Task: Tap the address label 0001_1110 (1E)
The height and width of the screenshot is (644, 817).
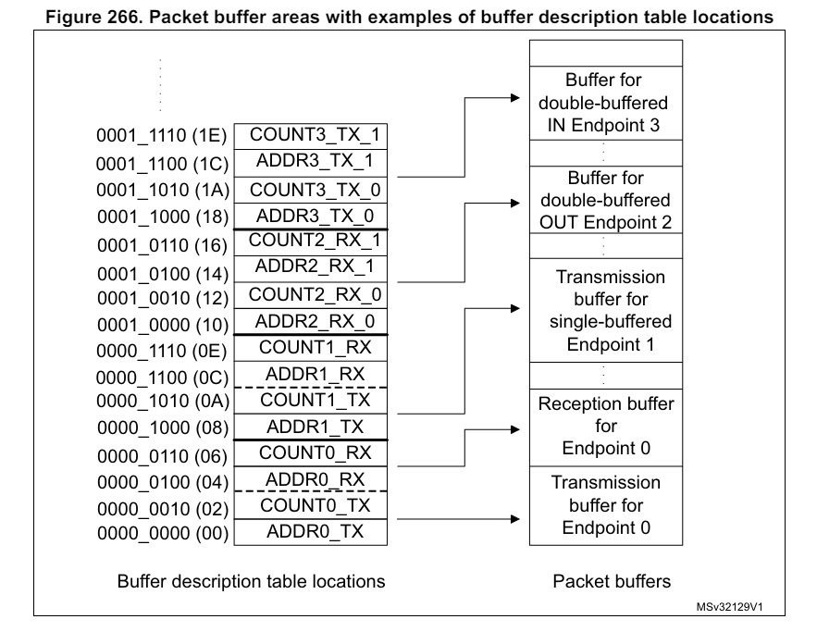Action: pyautogui.click(x=160, y=136)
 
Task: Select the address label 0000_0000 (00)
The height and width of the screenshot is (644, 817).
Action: pyautogui.click(x=160, y=534)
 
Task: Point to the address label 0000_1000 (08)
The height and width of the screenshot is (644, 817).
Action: pyautogui.click(x=160, y=428)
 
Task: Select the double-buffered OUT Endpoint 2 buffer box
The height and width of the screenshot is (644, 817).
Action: pyautogui.click(x=605, y=199)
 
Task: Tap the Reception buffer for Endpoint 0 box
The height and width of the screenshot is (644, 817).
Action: pyautogui.click(x=605, y=427)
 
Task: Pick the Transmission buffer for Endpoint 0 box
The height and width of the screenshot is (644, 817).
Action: pyautogui.click(x=605, y=505)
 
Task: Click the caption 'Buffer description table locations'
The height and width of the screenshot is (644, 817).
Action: pyautogui.click(x=251, y=582)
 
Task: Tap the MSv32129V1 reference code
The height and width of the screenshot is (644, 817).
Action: pyautogui.click(x=736, y=609)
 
